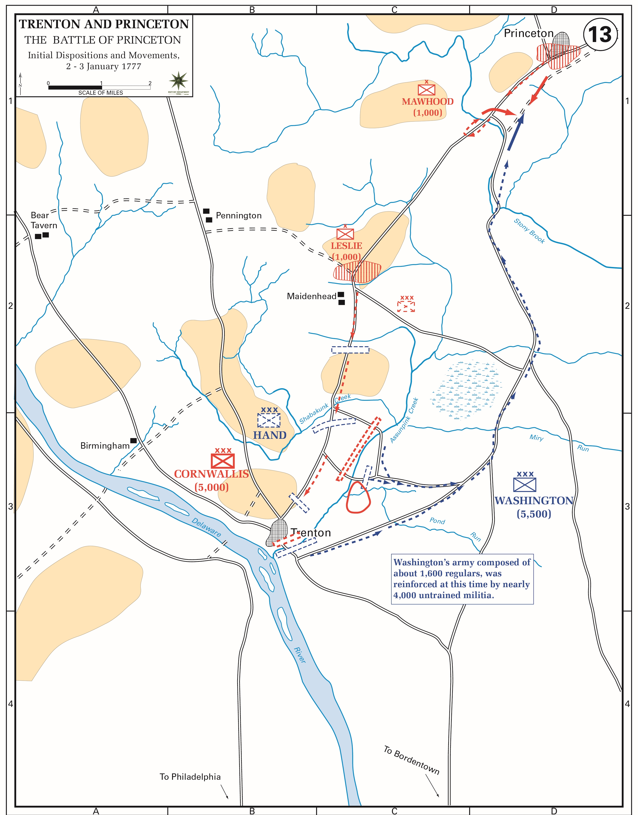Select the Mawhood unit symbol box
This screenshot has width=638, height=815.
click(x=426, y=90)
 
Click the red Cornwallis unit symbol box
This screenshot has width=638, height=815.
click(x=223, y=461)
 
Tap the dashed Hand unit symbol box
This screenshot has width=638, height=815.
click(x=269, y=420)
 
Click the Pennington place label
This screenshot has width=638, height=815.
click(x=239, y=216)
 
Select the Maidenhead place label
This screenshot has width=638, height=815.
click(x=312, y=297)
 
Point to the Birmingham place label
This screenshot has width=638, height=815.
click(x=105, y=446)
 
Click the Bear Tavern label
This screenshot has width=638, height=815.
click(x=44, y=220)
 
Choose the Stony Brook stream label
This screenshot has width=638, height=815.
click(x=529, y=231)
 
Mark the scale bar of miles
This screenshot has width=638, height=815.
click(x=99, y=88)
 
